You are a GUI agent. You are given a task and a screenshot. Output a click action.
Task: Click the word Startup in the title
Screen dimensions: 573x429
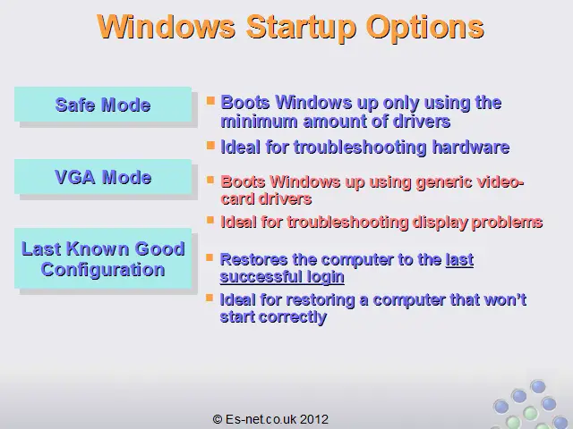pyautogui.click(x=301, y=28)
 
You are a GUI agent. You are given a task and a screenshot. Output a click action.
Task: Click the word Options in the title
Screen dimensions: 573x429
pyautogui.click(x=425, y=28)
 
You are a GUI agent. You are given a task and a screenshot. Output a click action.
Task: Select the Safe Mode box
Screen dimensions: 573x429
pyautogui.click(x=103, y=105)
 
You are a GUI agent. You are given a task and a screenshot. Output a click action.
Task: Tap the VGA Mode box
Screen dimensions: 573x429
pyautogui.click(x=103, y=177)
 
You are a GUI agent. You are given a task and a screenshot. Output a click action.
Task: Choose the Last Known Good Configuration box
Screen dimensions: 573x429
pyautogui.click(x=103, y=258)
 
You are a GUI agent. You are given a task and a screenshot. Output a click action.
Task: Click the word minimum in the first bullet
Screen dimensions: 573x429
pyautogui.click(x=259, y=122)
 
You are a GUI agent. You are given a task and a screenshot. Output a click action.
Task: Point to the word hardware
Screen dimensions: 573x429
pyautogui.click(x=471, y=147)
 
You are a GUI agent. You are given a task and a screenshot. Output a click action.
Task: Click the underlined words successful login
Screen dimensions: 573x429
pyautogui.click(x=282, y=277)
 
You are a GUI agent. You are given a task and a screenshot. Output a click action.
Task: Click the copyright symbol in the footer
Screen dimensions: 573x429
pyautogui.click(x=218, y=419)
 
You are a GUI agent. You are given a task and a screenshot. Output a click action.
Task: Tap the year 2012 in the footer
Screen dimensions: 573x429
pyautogui.click(x=314, y=419)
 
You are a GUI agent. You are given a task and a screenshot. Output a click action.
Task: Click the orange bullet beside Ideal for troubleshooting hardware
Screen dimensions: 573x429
pyautogui.click(x=210, y=145)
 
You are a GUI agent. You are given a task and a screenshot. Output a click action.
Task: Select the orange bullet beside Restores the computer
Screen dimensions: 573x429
pyautogui.click(x=210, y=257)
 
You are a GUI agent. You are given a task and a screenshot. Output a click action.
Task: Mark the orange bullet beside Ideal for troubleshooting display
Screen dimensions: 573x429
pyautogui.click(x=210, y=220)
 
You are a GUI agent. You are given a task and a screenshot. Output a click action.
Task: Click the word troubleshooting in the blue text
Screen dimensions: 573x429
pyautogui.click(x=360, y=147)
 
